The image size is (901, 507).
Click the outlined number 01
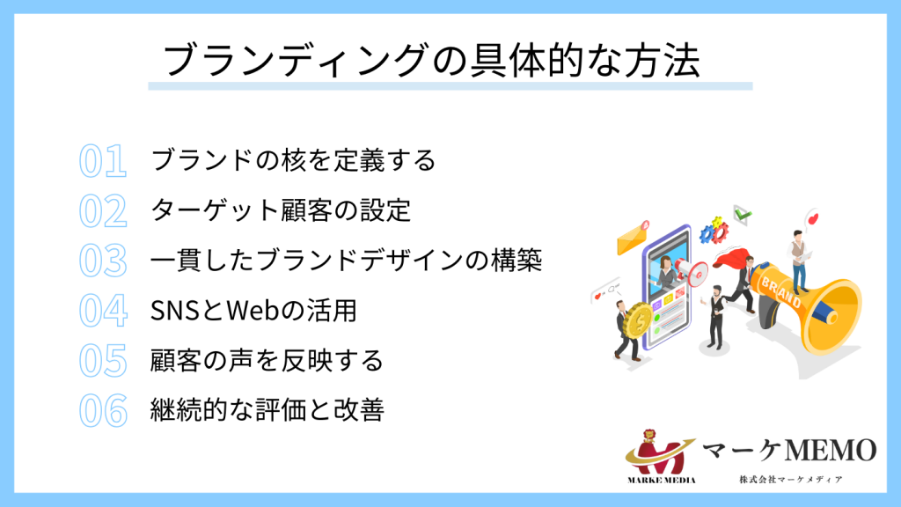tap(103, 161)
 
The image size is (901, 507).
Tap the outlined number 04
tap(104, 311)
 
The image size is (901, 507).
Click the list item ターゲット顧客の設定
tap(281, 211)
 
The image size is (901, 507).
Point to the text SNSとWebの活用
tap(253, 311)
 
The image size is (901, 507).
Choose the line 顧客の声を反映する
tap(267, 361)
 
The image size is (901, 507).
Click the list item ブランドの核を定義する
tap(293, 161)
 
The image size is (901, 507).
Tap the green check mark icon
tap(744, 213)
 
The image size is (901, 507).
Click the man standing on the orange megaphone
tap(798, 259)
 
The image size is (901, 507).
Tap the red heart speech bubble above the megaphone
tap(812, 217)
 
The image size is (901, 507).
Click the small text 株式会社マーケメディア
tap(791, 480)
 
